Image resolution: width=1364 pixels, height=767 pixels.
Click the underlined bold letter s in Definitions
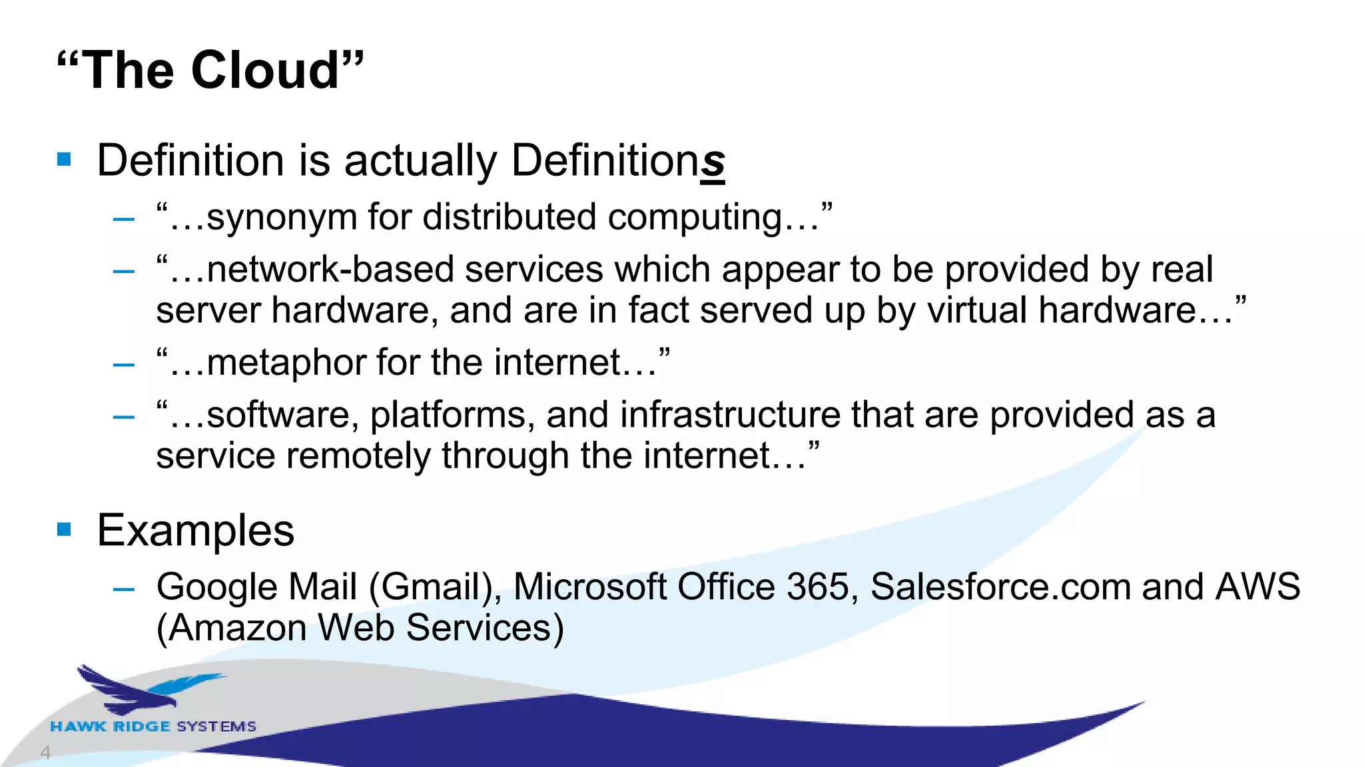[x=712, y=162]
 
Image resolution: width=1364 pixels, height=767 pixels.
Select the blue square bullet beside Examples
[x=64, y=529]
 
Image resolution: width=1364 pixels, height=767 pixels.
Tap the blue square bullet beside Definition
[x=64, y=159]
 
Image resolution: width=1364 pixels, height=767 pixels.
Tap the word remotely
[x=358, y=457]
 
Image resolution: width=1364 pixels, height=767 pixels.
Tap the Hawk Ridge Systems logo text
[x=153, y=726]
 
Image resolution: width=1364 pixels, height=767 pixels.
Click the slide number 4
[x=45, y=753]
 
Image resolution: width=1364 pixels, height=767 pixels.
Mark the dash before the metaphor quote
[x=124, y=365]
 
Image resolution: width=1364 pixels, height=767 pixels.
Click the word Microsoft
[x=589, y=587]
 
